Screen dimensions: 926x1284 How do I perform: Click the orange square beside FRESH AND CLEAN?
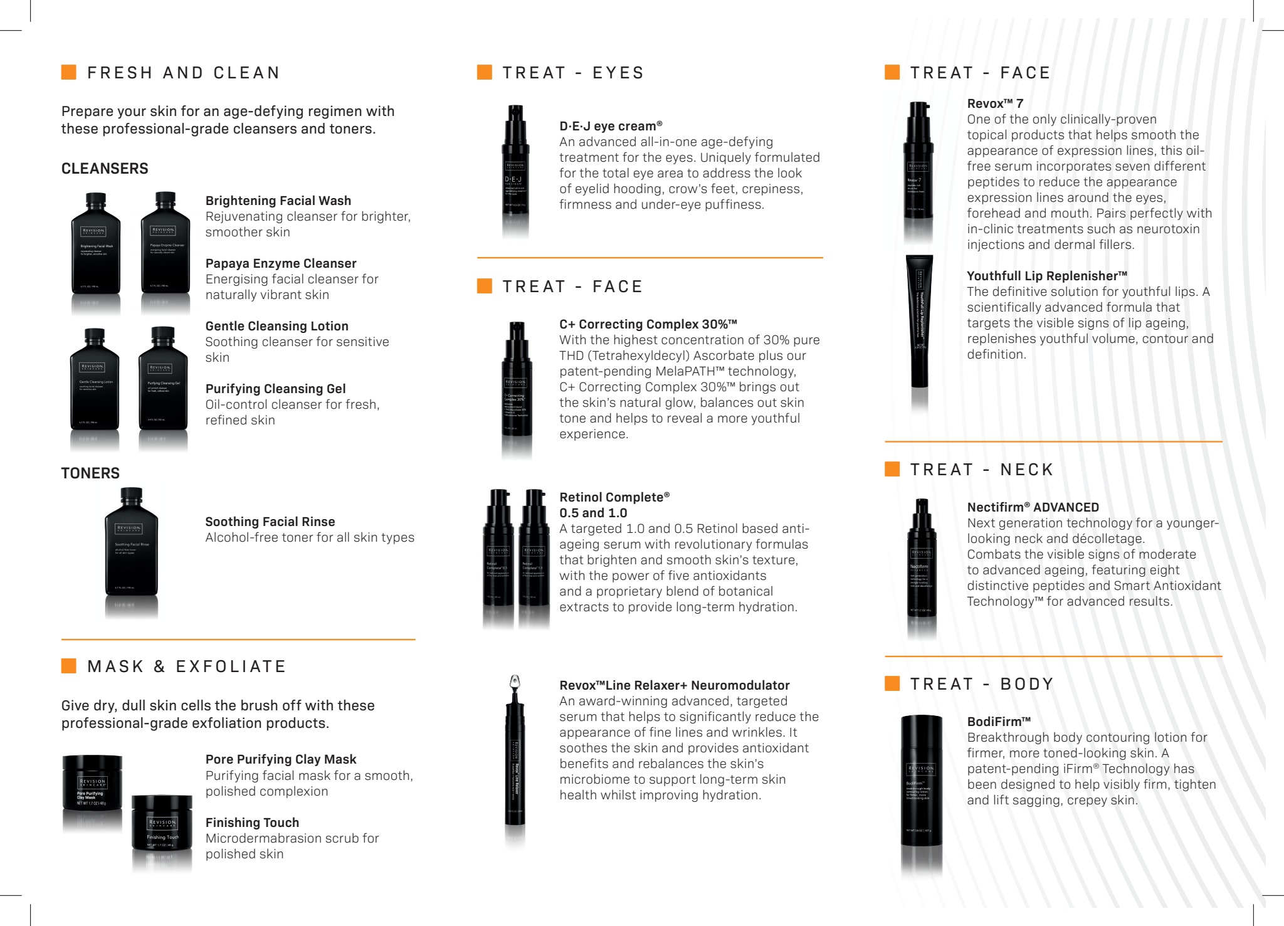tap(69, 72)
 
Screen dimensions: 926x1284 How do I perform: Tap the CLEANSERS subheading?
tap(105, 169)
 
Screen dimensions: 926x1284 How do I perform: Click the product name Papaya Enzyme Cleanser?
tap(281, 263)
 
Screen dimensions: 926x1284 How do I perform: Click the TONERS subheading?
tap(90, 473)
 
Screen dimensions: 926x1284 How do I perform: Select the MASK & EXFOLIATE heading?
tap(186, 666)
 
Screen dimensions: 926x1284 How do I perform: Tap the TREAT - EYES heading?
tap(573, 73)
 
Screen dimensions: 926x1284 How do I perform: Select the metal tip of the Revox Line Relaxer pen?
tap(515, 682)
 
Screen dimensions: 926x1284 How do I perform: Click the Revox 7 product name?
tap(995, 103)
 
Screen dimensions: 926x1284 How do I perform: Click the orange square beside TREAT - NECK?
tap(892, 469)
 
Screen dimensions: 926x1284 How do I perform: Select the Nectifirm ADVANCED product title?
tap(1033, 507)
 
